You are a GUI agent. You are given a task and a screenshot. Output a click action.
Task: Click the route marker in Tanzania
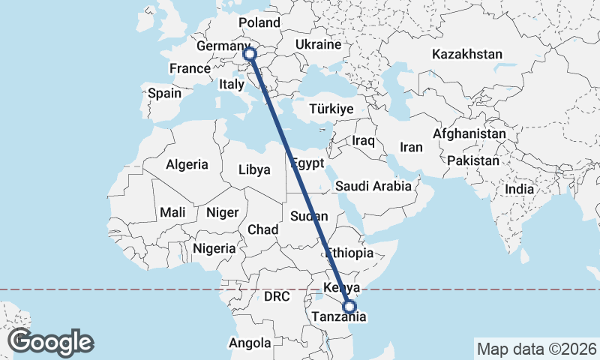349,306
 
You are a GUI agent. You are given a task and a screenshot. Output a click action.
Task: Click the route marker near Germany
250,53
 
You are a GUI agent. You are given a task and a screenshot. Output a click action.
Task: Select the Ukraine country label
318,45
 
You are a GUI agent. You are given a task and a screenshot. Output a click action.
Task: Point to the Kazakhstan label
467,54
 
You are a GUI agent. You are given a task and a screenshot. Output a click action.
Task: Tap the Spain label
164,94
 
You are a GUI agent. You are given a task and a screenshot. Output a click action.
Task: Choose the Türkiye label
331,109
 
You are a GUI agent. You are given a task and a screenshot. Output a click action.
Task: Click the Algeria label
187,164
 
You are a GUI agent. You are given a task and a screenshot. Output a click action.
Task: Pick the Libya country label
254,169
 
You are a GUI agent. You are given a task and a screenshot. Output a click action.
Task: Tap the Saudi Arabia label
373,186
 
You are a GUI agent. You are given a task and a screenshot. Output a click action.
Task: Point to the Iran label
411,147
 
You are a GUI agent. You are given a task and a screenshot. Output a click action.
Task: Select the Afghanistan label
469,133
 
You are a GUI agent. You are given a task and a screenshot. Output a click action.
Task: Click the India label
520,189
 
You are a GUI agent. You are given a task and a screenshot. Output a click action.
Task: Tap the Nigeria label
214,248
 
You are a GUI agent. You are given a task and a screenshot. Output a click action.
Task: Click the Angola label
250,343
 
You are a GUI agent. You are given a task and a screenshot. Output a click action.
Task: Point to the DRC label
277,297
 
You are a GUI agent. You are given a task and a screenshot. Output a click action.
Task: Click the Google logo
51,342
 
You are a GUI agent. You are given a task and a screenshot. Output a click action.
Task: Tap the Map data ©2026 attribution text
536,349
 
